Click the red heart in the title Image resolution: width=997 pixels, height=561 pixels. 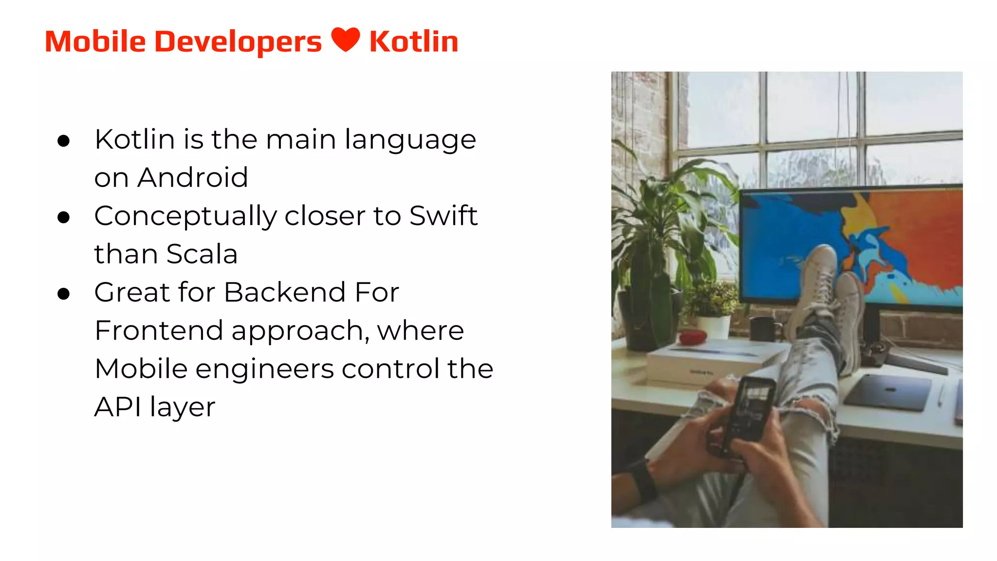(346, 39)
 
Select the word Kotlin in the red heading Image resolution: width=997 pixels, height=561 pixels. (414, 41)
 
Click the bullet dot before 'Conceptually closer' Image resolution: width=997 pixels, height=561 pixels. (63, 217)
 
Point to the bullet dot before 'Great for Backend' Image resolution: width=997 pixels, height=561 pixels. (63, 294)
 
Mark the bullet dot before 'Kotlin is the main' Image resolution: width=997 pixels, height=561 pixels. (63, 141)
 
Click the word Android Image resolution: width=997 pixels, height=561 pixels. (193, 177)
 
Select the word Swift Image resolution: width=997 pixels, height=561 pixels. (443, 215)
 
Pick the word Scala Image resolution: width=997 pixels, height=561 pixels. (202, 254)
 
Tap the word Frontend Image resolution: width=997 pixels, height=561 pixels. (159, 331)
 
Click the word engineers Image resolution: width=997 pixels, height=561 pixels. (264, 369)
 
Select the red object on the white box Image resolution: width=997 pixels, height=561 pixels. (692, 336)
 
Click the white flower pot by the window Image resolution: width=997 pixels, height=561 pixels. (714, 326)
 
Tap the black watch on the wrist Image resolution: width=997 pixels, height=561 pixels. (643, 480)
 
